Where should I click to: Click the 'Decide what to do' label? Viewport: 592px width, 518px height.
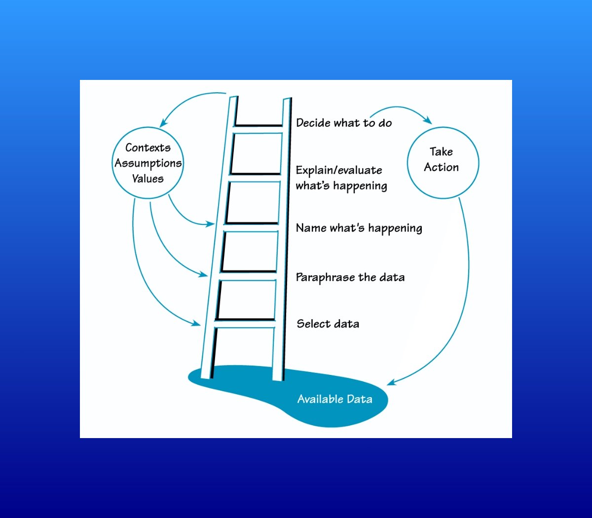(x=344, y=123)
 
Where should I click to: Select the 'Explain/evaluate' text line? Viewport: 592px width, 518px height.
(x=339, y=170)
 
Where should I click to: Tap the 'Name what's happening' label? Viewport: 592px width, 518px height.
(x=359, y=228)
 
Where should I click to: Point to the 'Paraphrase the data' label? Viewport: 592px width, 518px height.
(x=350, y=277)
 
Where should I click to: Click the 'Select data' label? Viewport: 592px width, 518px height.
(x=328, y=324)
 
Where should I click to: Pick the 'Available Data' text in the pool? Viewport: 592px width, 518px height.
(x=334, y=399)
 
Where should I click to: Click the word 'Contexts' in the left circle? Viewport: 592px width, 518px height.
(x=148, y=148)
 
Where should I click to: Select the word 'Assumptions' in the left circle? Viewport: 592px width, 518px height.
(x=148, y=163)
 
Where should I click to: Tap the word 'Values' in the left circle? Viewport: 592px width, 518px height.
(x=148, y=179)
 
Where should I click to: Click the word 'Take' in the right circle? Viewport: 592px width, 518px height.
(x=441, y=152)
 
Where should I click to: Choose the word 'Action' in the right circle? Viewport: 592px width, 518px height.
(x=441, y=167)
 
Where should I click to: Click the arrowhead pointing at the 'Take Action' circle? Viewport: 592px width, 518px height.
(x=428, y=120)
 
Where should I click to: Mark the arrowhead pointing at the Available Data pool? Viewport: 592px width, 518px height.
(x=391, y=382)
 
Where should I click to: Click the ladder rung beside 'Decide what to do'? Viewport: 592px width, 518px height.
(x=258, y=129)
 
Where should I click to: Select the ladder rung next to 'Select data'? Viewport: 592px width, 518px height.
(x=245, y=324)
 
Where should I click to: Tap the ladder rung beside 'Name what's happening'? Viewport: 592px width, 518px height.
(x=251, y=227)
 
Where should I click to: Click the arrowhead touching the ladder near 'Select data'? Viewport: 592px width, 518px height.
(x=197, y=324)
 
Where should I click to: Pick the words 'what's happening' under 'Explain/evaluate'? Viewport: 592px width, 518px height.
(x=341, y=186)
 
